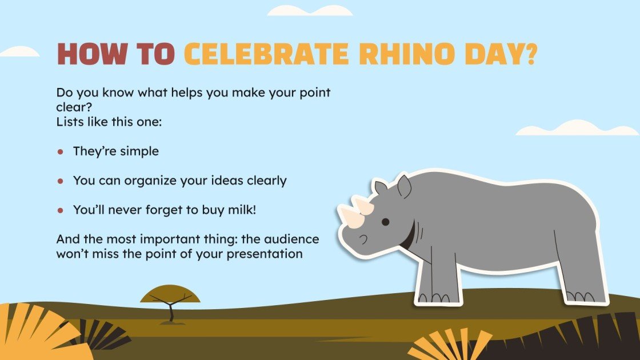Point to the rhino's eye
pos(386,222)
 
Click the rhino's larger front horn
pos(351,217)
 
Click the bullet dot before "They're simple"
pos(61,152)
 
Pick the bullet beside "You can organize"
pos(61,181)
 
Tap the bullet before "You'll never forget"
pos(61,210)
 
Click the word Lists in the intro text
pos(70,121)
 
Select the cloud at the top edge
pos(310,10)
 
